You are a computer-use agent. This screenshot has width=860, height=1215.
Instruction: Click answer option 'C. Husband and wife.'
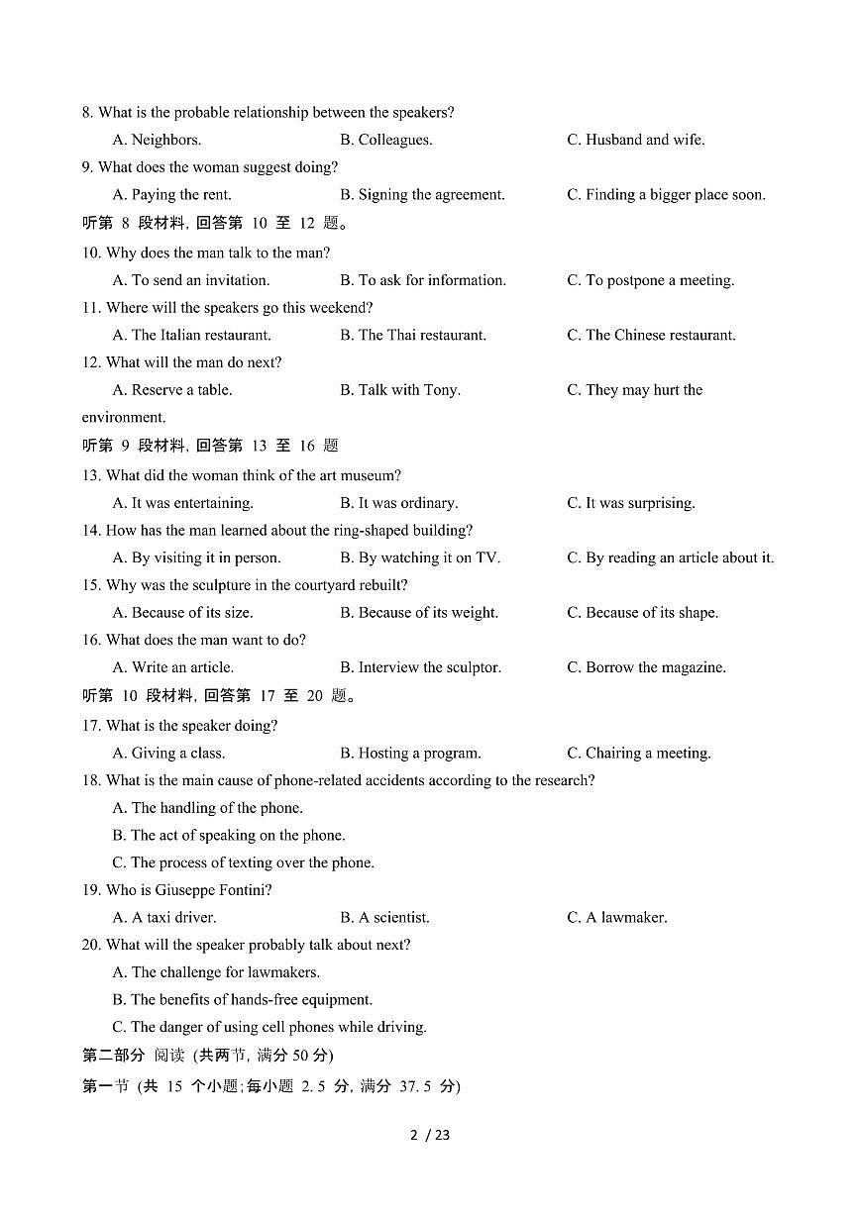pyautogui.click(x=635, y=140)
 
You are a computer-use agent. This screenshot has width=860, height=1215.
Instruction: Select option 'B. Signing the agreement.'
pyautogui.click(x=422, y=195)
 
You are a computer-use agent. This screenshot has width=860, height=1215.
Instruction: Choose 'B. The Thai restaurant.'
pyautogui.click(x=413, y=336)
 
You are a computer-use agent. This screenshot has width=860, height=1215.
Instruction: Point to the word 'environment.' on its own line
pyautogui.click(x=124, y=418)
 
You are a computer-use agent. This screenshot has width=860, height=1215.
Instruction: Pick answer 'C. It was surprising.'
pyautogui.click(x=630, y=503)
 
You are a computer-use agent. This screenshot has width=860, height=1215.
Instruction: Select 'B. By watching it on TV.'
pyautogui.click(x=420, y=558)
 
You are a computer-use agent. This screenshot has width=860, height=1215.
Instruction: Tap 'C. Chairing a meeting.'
pyautogui.click(x=638, y=754)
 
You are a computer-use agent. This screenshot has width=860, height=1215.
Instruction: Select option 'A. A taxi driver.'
pyautogui.click(x=164, y=918)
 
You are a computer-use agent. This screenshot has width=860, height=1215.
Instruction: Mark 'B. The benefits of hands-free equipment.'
pyautogui.click(x=243, y=1000)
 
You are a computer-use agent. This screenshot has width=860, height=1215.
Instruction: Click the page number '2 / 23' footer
pyautogui.click(x=430, y=1135)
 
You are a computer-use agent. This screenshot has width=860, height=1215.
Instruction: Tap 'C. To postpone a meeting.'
pyautogui.click(x=650, y=281)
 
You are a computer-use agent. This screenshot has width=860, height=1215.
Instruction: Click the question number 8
pyautogui.click(x=87, y=113)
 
